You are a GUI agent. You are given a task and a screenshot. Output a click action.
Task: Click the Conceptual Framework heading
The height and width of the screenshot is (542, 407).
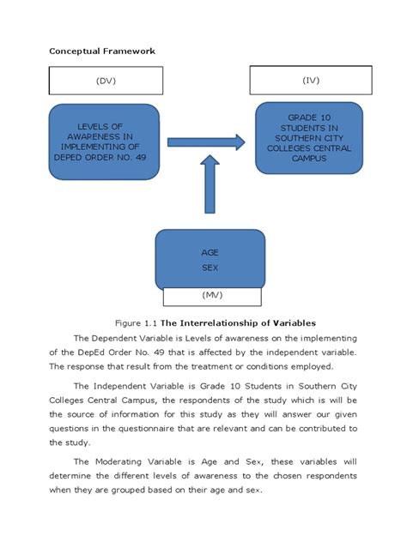pos(101,51)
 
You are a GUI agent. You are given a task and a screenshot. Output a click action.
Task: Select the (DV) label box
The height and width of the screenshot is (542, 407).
pos(104,81)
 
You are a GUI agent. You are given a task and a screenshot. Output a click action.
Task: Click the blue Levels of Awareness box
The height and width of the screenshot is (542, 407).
pos(104,142)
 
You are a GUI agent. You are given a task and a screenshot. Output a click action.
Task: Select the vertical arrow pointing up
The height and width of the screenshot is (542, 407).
pos(210,188)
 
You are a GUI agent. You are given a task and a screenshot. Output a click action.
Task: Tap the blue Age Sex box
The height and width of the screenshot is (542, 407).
pos(210,258)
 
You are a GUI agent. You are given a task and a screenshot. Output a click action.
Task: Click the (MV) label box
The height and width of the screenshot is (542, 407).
pos(210,296)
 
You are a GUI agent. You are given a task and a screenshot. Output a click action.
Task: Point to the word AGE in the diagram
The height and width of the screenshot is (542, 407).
pos(210,253)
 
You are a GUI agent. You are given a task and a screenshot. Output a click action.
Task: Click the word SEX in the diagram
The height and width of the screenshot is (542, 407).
pos(210,268)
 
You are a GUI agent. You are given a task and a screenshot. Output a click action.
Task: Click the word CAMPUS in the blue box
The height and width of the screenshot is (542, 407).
pos(309,158)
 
